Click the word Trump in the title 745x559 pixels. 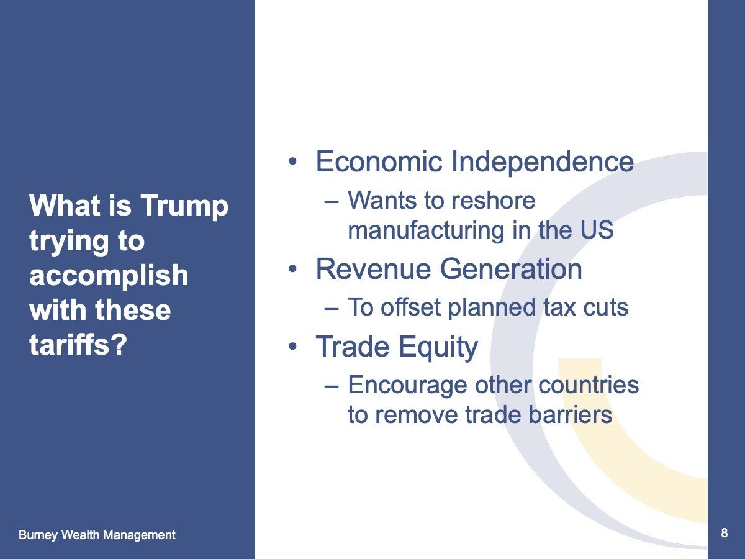pos(184,206)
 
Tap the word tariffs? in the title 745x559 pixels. pos(78,344)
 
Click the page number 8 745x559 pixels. pos(724,533)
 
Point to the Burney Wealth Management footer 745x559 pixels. pos(97,535)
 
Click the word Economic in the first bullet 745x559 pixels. pos(379,161)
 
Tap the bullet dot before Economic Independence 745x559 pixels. pos(292,162)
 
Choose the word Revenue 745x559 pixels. pos(373,270)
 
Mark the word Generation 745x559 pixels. pos(511,270)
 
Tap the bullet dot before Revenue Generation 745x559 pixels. pos(292,270)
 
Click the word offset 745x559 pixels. pos(411,307)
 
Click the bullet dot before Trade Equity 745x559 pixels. pos(292,347)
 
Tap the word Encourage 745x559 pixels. pos(407,386)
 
